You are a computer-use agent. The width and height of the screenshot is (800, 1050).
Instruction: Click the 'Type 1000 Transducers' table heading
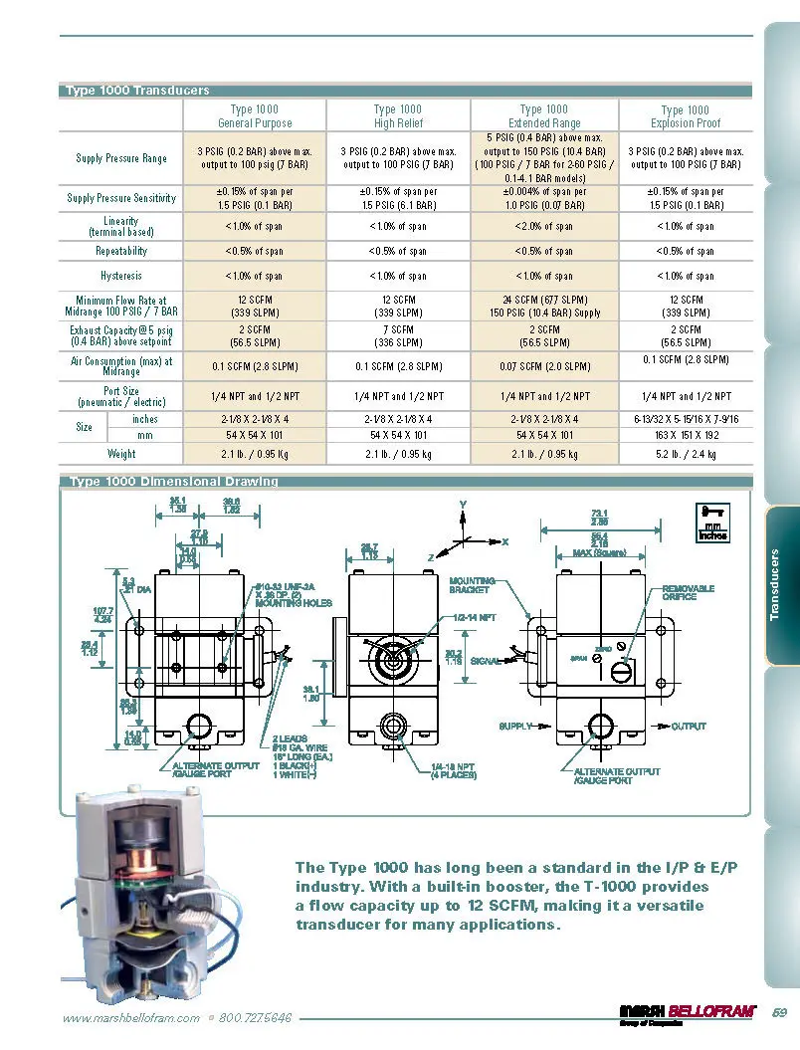(x=137, y=91)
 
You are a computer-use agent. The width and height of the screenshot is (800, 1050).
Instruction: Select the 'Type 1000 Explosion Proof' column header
(x=685, y=116)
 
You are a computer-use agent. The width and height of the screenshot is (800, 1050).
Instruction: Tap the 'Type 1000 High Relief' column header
(x=398, y=116)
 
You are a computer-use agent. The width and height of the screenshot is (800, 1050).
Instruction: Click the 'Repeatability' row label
(x=121, y=252)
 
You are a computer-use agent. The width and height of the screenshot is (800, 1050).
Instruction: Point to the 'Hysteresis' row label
(x=121, y=276)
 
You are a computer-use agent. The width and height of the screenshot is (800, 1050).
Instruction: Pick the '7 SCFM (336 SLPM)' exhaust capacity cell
(x=398, y=335)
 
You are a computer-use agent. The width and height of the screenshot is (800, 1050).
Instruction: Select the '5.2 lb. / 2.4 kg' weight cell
(x=685, y=454)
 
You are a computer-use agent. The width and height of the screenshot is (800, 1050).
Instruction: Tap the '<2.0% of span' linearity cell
(x=544, y=227)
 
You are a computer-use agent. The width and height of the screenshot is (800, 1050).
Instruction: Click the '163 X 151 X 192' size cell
(x=685, y=435)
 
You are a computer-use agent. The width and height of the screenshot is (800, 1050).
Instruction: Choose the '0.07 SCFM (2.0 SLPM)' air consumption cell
(x=544, y=366)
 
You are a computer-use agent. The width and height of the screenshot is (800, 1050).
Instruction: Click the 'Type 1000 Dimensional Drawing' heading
(x=174, y=482)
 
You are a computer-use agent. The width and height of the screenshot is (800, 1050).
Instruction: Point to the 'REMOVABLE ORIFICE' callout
(x=688, y=593)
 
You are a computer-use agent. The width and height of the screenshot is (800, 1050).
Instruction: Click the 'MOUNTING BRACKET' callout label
(x=470, y=585)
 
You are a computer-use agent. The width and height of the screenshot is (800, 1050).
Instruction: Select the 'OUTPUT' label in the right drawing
(x=688, y=727)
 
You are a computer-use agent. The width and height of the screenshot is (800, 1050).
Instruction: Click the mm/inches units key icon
(x=712, y=522)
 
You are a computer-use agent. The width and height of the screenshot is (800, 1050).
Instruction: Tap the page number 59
(x=779, y=1014)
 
